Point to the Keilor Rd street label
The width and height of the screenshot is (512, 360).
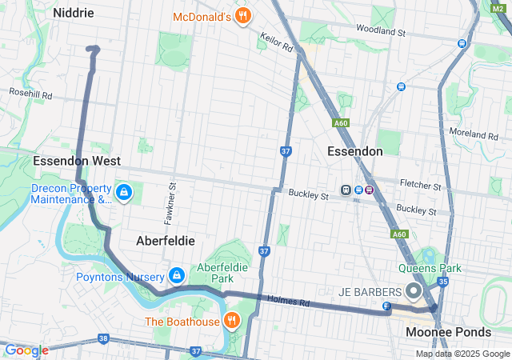(277, 42)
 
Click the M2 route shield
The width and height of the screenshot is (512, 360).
(502, 7)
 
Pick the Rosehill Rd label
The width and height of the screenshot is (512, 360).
(30, 94)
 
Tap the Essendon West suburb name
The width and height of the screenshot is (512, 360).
(77, 161)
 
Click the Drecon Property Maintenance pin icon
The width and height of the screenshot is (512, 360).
(124, 193)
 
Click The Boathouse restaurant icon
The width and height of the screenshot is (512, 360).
(231, 322)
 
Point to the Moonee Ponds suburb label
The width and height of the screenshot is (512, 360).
(448, 331)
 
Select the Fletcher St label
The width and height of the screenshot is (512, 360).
(421, 186)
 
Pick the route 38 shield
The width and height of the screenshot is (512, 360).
(102, 339)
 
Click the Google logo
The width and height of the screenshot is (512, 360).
(26, 350)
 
